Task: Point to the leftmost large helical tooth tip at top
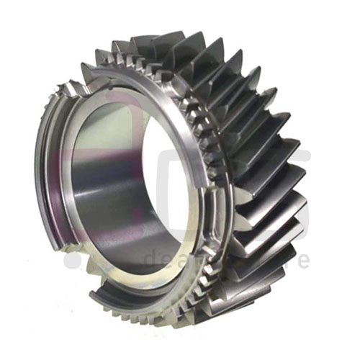tap(115, 46)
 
